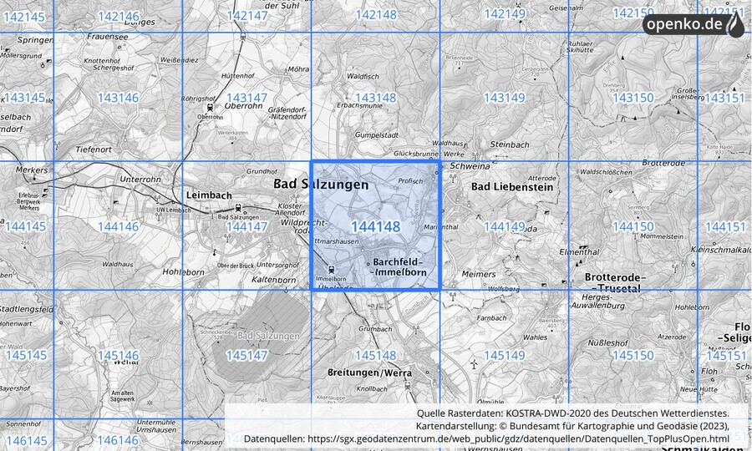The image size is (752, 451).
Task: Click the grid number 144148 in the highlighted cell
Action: [x=375, y=226]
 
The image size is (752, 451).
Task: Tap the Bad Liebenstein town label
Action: [x=512, y=187]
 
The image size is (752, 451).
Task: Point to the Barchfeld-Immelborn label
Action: [x=400, y=267]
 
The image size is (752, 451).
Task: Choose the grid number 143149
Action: [x=504, y=98]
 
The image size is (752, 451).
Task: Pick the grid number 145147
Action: [x=246, y=355]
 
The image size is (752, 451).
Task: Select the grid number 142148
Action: [x=375, y=14]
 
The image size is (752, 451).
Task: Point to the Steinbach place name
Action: [x=510, y=144]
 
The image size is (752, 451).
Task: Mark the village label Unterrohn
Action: [x=140, y=178]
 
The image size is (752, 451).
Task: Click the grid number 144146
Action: [x=118, y=226]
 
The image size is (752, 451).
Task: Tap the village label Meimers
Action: [x=478, y=274]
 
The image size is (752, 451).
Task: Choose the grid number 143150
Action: [x=633, y=98]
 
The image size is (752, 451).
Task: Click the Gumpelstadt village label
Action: [x=375, y=134]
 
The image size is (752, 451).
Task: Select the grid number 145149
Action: [x=504, y=355]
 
